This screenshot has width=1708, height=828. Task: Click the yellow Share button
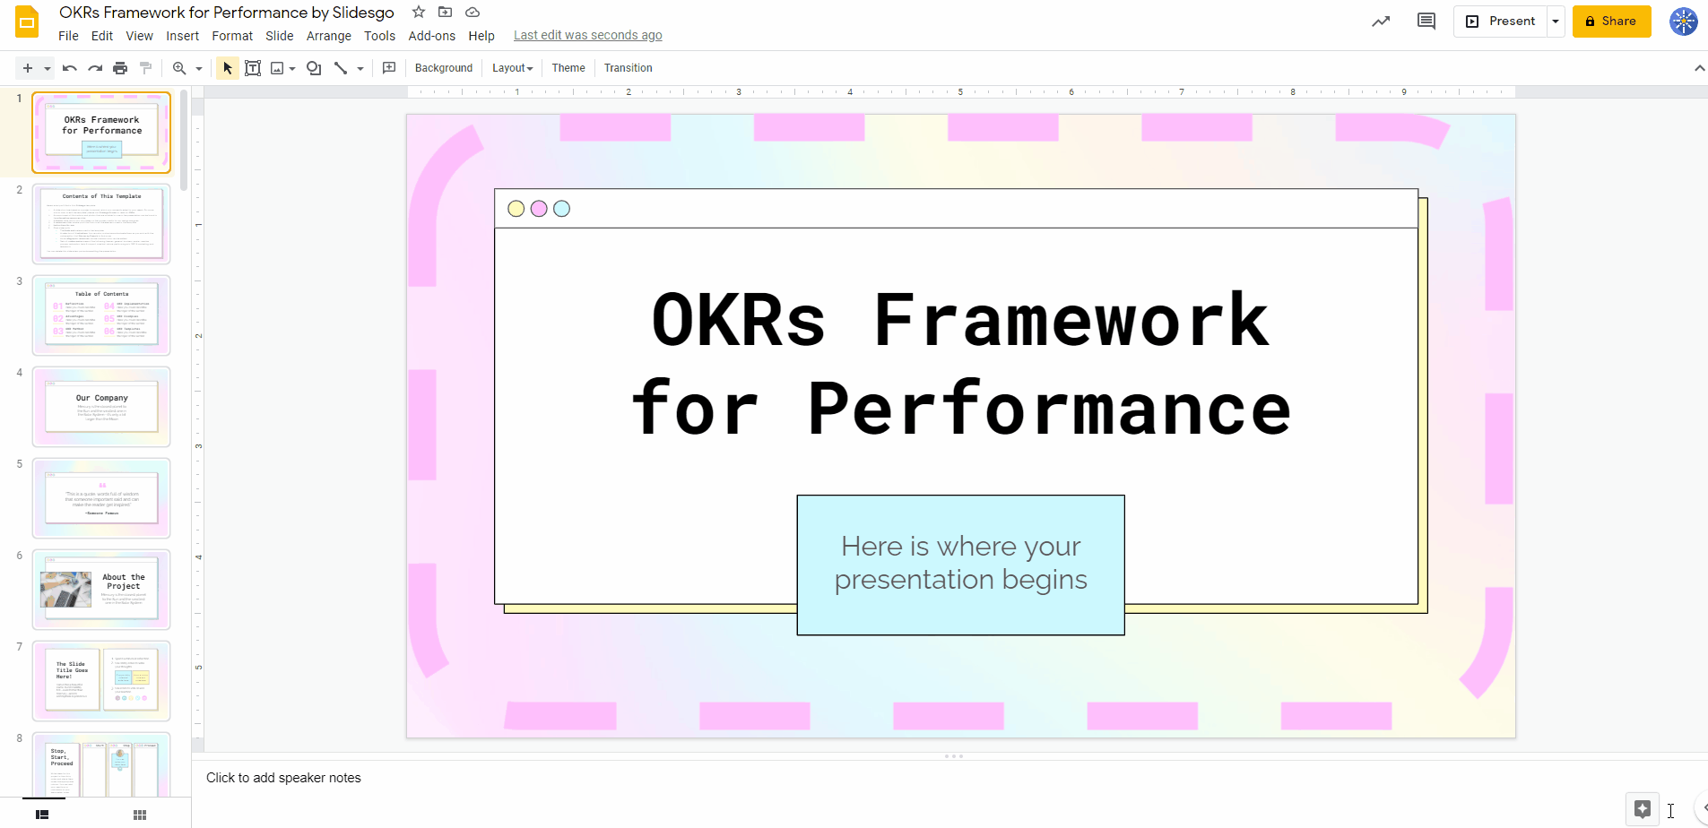(1611, 22)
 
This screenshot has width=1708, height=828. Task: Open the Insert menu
(182, 36)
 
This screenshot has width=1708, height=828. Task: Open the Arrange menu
(328, 36)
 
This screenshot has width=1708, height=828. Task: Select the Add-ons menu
(431, 36)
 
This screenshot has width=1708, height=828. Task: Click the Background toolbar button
(443, 68)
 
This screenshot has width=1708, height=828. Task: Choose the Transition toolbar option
(628, 68)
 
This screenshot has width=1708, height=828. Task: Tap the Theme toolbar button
(568, 68)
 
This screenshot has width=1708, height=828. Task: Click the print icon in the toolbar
(120, 68)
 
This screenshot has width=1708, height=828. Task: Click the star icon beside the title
(419, 13)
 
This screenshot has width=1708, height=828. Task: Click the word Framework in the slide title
(1071, 320)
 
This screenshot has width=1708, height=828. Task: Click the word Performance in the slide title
(1049, 409)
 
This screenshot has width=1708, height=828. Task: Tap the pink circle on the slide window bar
(539, 209)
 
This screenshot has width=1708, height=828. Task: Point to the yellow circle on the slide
(516, 209)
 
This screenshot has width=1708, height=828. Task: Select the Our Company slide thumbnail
(101, 407)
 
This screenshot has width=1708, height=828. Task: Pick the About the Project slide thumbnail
(101, 590)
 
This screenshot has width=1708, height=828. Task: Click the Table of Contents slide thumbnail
(101, 315)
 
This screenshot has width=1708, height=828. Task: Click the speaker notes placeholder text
(283, 778)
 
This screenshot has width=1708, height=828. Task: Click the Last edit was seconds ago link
(587, 36)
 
